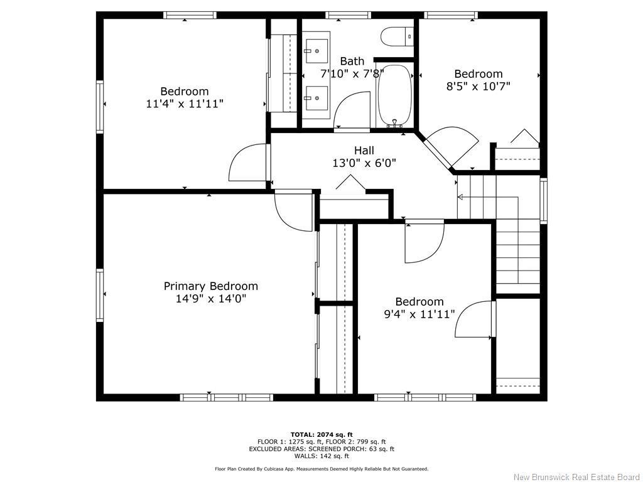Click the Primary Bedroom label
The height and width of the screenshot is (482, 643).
(x=210, y=286)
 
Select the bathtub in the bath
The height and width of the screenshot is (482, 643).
(x=394, y=95)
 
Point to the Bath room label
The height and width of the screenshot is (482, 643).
(x=352, y=61)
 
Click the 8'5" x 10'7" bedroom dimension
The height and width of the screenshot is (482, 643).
(x=478, y=87)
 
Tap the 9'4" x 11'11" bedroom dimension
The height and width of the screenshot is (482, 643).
(x=419, y=314)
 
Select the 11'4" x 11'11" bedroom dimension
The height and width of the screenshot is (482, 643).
(x=184, y=104)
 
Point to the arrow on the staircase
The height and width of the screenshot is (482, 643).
(x=461, y=197)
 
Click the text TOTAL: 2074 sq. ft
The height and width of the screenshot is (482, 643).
(x=321, y=434)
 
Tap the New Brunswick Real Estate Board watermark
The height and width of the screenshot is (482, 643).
(x=576, y=477)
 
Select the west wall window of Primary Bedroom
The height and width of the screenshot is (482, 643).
(x=100, y=295)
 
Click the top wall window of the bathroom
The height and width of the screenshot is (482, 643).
(x=348, y=15)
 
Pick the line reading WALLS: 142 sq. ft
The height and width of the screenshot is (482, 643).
(x=321, y=456)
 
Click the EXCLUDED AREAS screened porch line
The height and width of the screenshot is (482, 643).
(x=321, y=449)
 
